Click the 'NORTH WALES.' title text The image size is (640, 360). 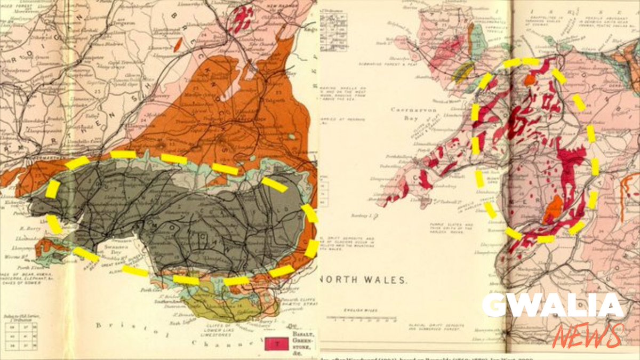coord(363,279)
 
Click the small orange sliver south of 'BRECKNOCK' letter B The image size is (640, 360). coord(178,45)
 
